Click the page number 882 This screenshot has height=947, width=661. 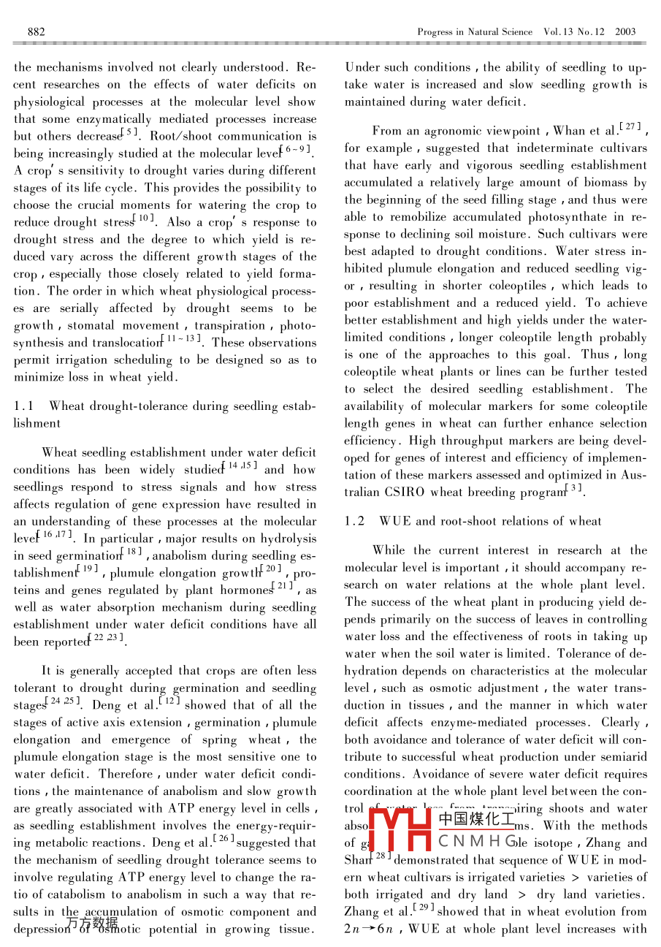pos(37,31)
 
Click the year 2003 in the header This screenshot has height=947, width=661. pos(625,31)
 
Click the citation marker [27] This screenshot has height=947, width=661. pos(632,129)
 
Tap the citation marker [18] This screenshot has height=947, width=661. pos(132,552)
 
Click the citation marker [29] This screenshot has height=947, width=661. pos(425,908)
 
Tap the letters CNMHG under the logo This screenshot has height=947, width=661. pos(478,841)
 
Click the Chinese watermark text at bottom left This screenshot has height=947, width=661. pos(92,923)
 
